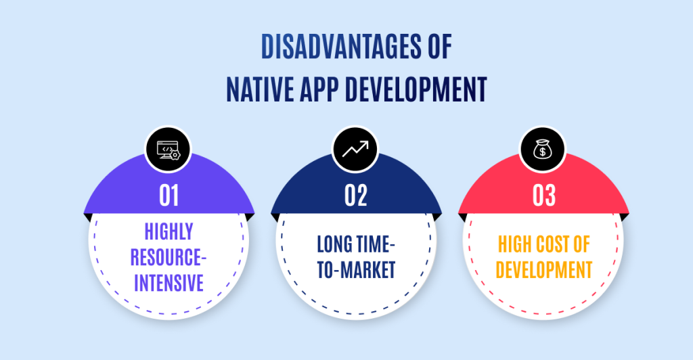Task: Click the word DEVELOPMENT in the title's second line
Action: pyautogui.click(x=416, y=89)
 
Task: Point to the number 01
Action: pyautogui.click(x=169, y=196)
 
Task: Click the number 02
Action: pyautogui.click(x=356, y=196)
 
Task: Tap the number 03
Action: pyautogui.click(x=543, y=196)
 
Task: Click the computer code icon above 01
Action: pyautogui.click(x=169, y=150)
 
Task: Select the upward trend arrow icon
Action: pyautogui.click(x=355, y=150)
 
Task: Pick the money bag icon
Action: pyautogui.click(x=542, y=150)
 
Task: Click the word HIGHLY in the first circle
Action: pyautogui.click(x=169, y=231)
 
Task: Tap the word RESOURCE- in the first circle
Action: pyautogui.click(x=169, y=257)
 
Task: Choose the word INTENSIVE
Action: pyautogui.click(x=169, y=283)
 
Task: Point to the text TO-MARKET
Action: pyautogui.click(x=356, y=270)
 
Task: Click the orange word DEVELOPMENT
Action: pyautogui.click(x=543, y=270)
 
